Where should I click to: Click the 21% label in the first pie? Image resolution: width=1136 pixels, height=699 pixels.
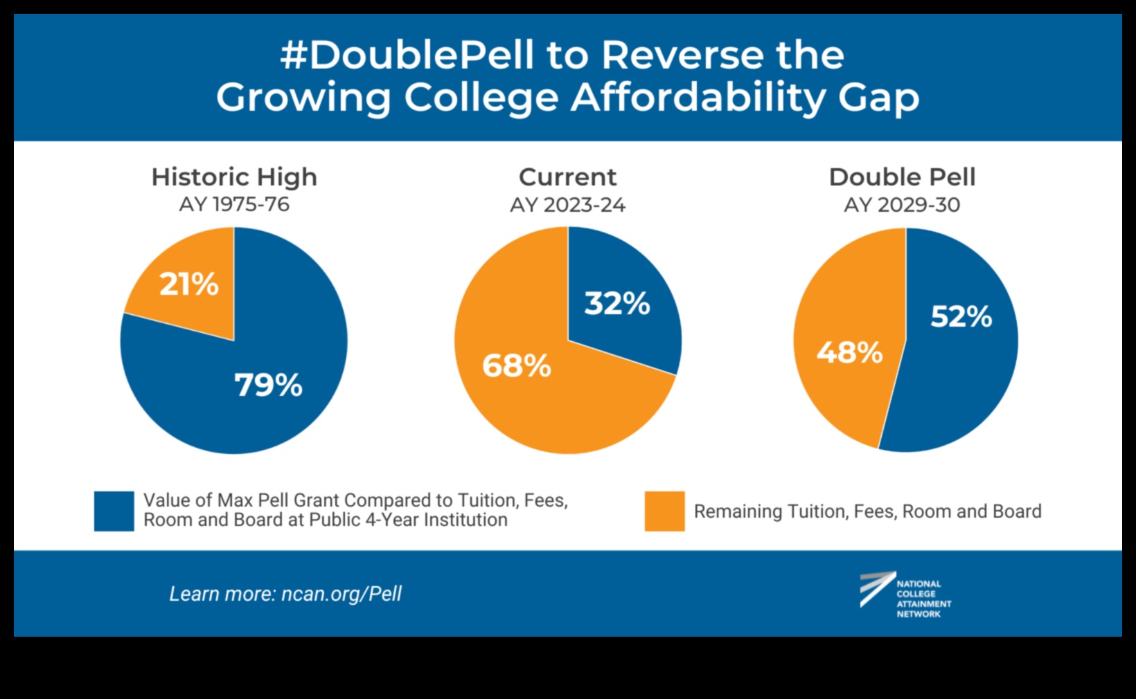(189, 284)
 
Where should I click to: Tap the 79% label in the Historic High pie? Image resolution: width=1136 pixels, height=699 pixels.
(268, 385)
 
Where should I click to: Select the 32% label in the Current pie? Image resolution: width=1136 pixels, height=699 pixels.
(617, 303)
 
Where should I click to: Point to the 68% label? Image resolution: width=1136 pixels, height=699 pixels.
(517, 365)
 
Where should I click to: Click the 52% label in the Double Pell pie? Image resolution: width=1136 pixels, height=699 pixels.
(961, 316)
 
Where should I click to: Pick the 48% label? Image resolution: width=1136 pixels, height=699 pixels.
(850, 352)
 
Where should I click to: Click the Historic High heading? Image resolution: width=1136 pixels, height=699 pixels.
(234, 177)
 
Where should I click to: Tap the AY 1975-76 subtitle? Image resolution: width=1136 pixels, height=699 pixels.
(234, 205)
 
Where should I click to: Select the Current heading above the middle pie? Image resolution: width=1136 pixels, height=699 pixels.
(567, 177)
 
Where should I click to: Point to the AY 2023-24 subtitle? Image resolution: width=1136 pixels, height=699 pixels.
(567, 206)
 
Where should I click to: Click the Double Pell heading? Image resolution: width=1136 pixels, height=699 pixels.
(902, 177)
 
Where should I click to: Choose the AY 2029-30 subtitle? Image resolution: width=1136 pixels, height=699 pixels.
(902, 206)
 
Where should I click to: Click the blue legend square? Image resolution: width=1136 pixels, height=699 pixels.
(114, 511)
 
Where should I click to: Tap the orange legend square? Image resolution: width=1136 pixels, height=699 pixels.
(664, 511)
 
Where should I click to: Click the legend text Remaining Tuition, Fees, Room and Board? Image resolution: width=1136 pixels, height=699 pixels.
(867, 511)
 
